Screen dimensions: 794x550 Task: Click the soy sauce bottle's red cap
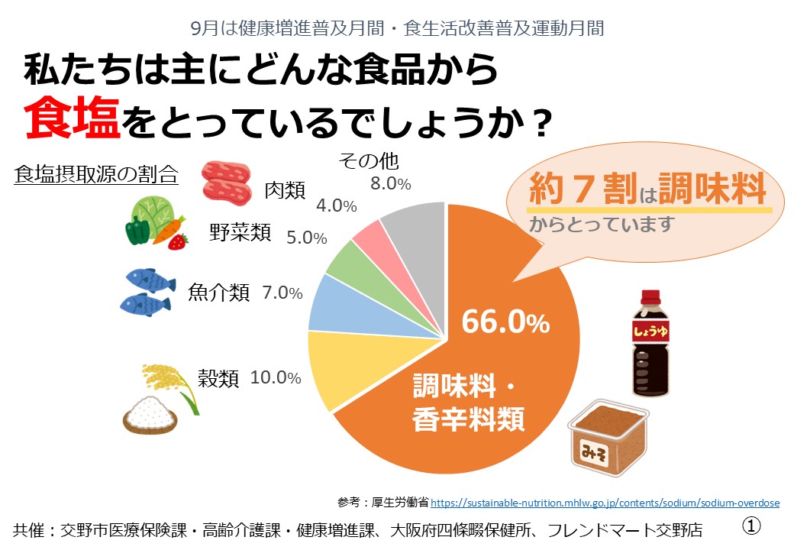point(650,297)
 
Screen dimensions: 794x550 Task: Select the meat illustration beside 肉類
point(226,183)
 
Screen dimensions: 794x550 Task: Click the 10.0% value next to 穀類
point(276,377)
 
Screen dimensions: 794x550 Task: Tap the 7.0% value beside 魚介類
point(282,293)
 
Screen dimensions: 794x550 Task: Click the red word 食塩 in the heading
point(72,118)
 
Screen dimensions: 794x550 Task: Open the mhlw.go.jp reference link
point(605,503)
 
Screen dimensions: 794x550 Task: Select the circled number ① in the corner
point(751,526)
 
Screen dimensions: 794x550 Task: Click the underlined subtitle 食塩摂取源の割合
point(96,174)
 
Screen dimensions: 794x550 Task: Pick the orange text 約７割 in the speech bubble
point(583,189)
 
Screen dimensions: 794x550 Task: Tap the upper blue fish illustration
point(150,280)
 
